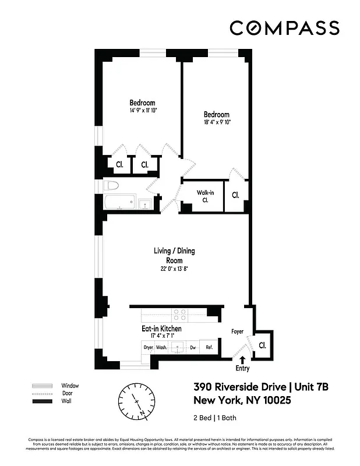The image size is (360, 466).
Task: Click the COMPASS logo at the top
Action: tap(284, 28)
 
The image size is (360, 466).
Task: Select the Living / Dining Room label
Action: tap(174, 255)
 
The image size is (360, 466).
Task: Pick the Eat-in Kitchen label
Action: tap(161, 329)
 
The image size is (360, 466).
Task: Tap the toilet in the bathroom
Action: tap(111, 186)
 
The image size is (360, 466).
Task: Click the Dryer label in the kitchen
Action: tap(148, 348)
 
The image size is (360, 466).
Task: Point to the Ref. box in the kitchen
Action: tap(209, 348)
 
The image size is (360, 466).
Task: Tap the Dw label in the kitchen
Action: tap(192, 348)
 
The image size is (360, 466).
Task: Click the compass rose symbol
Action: tap(137, 401)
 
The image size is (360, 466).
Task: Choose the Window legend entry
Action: tap(70, 386)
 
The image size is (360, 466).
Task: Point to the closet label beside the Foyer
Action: tap(262, 345)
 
